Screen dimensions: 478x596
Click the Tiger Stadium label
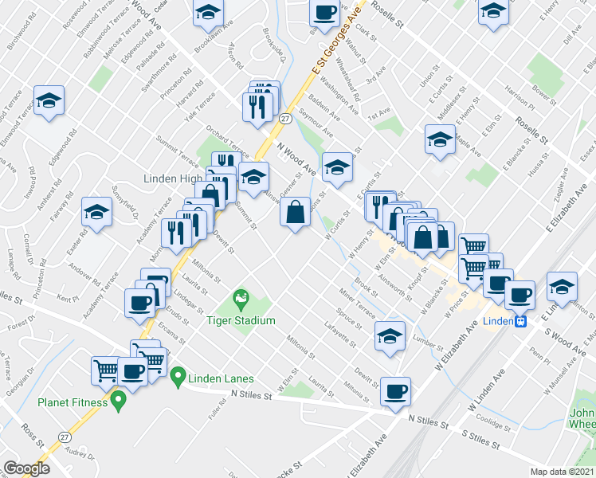241,320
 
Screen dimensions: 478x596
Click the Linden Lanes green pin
178,374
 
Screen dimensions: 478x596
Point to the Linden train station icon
520,322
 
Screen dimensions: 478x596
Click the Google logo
26,468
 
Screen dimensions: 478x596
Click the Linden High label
171,178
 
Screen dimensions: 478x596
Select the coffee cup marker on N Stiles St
395,390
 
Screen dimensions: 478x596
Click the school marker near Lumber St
390,335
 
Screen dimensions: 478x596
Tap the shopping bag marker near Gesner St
295,212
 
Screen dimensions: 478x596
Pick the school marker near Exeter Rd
96,212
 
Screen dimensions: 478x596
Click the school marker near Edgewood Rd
49,100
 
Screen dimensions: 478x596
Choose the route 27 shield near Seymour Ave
284,119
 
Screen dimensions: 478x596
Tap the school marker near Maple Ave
439,139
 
